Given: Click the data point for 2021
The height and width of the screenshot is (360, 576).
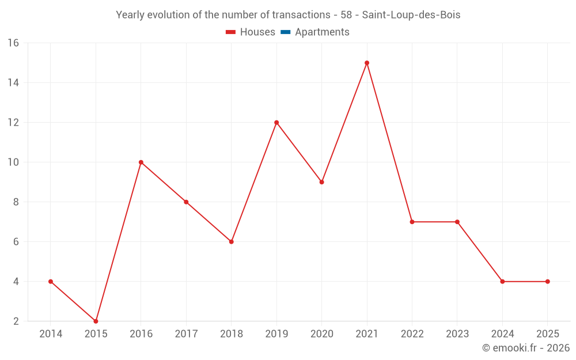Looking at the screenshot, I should click(367, 63).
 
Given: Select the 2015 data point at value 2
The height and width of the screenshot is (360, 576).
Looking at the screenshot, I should click(96, 321).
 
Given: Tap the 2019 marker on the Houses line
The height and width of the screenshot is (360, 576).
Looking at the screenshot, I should click(276, 122).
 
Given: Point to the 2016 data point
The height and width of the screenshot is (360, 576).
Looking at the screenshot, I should click(141, 162).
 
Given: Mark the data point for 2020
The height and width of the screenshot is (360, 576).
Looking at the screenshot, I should click(321, 182).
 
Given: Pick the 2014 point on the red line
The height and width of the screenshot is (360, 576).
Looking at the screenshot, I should click(51, 282).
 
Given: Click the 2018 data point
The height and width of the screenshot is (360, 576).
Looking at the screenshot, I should click(231, 242).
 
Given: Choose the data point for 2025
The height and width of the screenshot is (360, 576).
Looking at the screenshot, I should click(547, 282).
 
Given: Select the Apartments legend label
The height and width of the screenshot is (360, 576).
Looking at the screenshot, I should click(322, 32).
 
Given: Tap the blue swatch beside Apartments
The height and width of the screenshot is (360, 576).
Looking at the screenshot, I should click(285, 32).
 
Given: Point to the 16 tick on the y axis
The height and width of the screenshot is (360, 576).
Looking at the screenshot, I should click(13, 43).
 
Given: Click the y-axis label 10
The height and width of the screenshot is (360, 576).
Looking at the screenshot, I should click(13, 162).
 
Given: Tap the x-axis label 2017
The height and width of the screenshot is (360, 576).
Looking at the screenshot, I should click(186, 334).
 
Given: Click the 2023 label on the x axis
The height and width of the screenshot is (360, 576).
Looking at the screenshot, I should click(457, 334).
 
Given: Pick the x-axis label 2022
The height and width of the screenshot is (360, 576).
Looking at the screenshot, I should click(412, 334).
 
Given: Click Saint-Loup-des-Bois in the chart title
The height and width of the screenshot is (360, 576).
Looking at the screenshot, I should click(411, 15).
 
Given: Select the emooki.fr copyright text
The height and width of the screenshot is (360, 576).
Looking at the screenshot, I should click(526, 348).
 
